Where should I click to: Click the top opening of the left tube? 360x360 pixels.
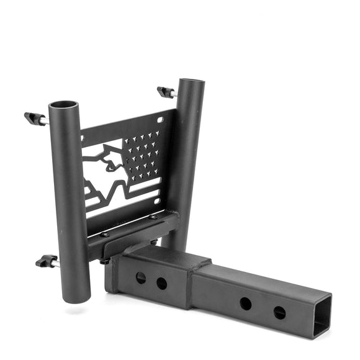63,105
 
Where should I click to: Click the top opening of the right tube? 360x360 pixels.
191,83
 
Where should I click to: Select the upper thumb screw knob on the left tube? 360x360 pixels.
32,117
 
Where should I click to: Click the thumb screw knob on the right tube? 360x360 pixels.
164,91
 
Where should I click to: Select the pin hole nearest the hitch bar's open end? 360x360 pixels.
279,312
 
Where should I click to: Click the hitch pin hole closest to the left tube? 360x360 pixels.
141,277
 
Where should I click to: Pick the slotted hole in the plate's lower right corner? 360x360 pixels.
158,200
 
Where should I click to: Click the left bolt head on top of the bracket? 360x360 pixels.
106,235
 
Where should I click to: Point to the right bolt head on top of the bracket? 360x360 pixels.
153,217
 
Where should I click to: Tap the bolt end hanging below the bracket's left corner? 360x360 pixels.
106,261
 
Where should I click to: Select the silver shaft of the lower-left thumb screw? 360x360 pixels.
55,263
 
